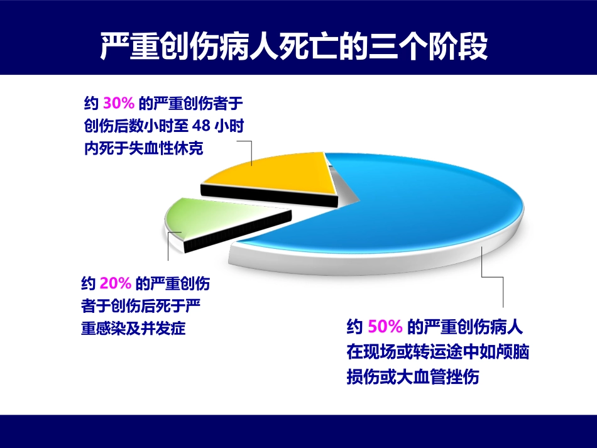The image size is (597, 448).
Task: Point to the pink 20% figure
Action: coord(116,284)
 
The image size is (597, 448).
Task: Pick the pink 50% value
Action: coord(385,327)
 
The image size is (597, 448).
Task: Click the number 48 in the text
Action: coord(200,126)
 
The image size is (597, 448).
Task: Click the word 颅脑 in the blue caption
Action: coord(515,352)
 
